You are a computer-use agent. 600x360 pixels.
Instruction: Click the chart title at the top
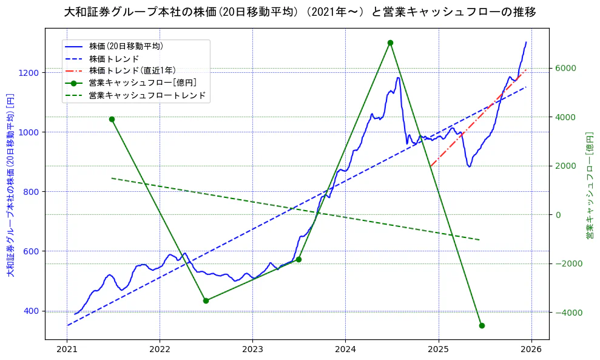tap(300, 12)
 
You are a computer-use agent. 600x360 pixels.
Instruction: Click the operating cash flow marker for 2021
tap(112, 119)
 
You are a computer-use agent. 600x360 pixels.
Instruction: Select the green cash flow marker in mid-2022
tap(206, 301)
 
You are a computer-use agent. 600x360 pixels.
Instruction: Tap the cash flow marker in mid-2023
tap(298, 259)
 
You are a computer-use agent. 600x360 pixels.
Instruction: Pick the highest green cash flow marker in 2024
tap(390, 42)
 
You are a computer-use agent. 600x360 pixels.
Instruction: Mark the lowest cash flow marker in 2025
tap(482, 325)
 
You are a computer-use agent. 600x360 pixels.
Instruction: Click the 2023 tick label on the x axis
tap(252, 350)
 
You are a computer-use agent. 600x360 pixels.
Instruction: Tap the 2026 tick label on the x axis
tap(531, 350)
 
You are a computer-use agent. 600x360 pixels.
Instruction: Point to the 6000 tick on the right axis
tap(564, 68)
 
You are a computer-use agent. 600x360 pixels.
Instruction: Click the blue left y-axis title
tap(10, 185)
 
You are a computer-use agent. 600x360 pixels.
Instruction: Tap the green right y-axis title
tap(589, 185)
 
